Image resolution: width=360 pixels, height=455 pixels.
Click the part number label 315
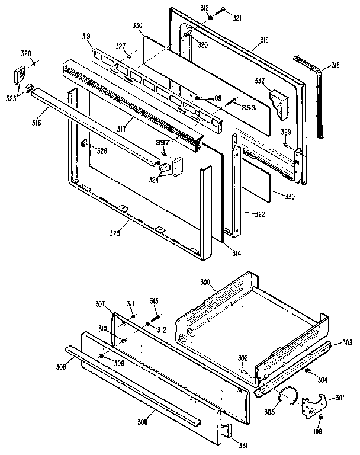(x=264, y=40)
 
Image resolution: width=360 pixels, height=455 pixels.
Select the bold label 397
(x=163, y=143)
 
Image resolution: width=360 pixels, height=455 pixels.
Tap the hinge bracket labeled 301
(x=313, y=404)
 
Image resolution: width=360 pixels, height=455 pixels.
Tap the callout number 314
(x=237, y=254)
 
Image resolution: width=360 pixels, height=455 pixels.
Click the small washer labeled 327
(x=128, y=56)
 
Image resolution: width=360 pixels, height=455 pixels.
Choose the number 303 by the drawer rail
(x=347, y=343)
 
